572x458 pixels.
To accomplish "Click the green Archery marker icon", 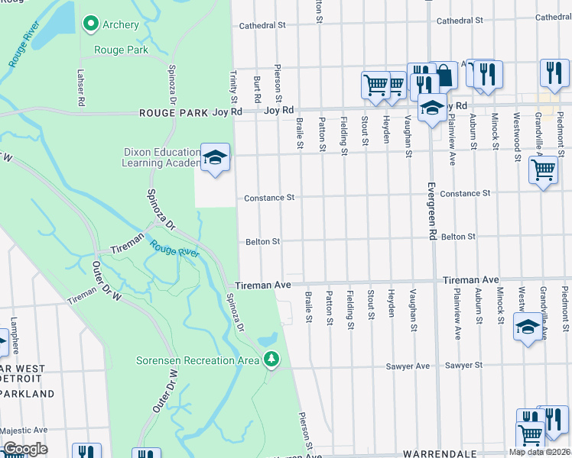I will point(91,24).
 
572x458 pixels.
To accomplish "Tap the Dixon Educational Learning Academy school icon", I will point(216,157).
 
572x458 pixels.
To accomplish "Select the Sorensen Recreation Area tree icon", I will point(271,359).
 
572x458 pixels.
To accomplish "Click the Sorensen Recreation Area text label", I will point(197,360).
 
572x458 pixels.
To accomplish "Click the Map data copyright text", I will point(540,452).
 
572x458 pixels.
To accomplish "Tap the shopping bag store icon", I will point(444,75).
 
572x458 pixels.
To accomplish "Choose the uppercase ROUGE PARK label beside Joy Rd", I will point(174,112).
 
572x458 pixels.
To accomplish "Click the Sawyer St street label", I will point(464,366).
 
